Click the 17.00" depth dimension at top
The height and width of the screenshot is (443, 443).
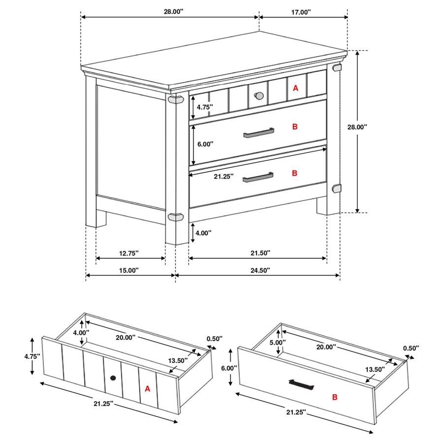[x=301, y=12]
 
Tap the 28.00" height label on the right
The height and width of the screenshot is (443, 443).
[x=357, y=127]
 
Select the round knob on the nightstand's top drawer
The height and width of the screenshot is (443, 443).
[x=258, y=95]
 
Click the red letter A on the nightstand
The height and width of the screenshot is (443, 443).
[x=295, y=88]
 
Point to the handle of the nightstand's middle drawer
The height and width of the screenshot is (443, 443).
[x=258, y=133]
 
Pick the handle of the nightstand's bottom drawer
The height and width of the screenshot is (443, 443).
[x=258, y=177]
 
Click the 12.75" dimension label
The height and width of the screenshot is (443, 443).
[x=129, y=253]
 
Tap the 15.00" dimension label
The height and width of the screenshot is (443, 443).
[x=129, y=270]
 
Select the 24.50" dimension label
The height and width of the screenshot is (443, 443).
[x=260, y=270]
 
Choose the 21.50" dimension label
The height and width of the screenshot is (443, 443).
[x=260, y=253]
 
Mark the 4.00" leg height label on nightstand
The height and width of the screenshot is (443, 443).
[x=203, y=233]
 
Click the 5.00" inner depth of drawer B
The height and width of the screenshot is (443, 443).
[x=278, y=343]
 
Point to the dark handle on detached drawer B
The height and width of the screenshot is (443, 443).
[x=301, y=384]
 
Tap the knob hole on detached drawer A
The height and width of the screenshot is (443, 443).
[x=113, y=378]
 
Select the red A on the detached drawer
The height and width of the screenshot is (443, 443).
[x=147, y=389]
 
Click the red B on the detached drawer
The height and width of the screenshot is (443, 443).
[x=335, y=397]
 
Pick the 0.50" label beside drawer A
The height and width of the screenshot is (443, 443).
[x=215, y=339]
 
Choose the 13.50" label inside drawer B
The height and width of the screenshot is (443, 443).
[x=375, y=369]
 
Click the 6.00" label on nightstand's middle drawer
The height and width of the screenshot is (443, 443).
[x=205, y=144]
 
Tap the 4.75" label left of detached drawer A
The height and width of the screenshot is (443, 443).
[x=32, y=356]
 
